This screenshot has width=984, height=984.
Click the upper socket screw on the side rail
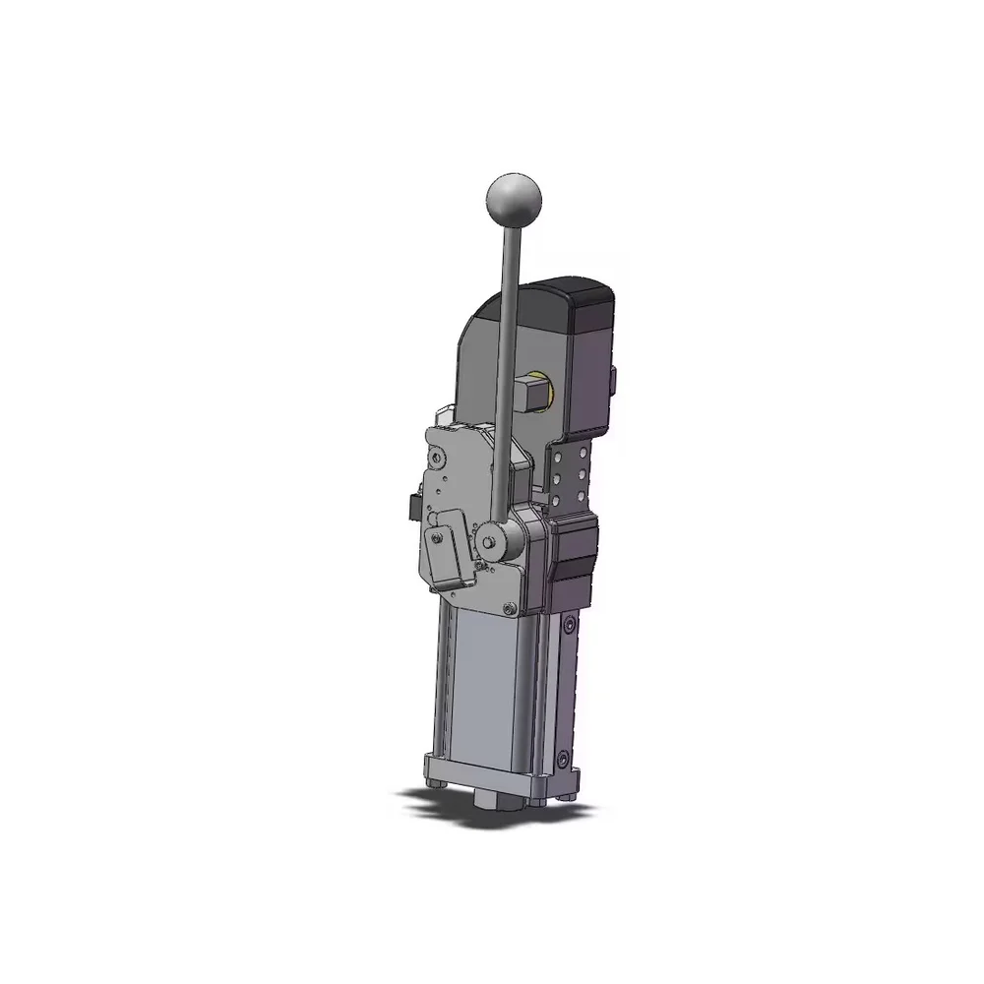[568, 626]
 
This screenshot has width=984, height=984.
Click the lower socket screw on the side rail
[562, 760]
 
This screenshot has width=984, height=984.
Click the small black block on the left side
[407, 507]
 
